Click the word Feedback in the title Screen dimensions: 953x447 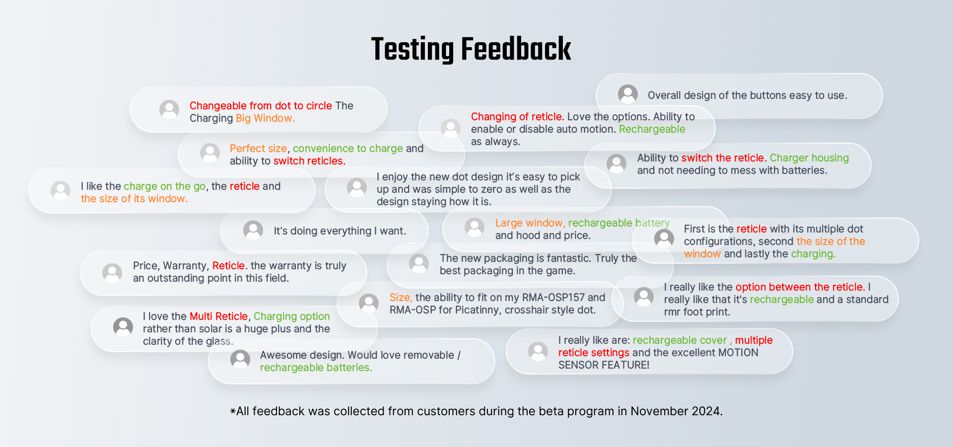click(x=516, y=49)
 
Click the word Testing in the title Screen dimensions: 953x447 click(x=412, y=50)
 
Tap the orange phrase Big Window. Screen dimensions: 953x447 click(x=265, y=118)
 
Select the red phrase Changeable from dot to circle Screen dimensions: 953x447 click(x=261, y=106)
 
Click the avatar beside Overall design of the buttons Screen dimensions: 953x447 click(x=628, y=94)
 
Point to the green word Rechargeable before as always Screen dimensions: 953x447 click(x=652, y=129)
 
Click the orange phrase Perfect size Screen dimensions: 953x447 click(x=258, y=149)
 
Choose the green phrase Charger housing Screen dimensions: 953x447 click(x=809, y=158)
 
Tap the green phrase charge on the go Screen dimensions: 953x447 click(x=164, y=186)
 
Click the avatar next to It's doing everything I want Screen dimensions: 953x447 click(x=253, y=230)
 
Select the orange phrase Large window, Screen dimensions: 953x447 click(x=530, y=223)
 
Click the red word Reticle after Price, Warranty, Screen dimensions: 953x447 click(x=229, y=266)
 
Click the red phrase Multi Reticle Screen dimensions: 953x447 click(x=218, y=316)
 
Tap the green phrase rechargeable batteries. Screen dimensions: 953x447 click(x=316, y=368)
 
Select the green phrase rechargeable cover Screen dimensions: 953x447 click(x=680, y=340)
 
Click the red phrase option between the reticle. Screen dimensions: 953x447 click(x=800, y=287)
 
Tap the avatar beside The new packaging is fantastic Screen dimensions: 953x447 click(x=419, y=263)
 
